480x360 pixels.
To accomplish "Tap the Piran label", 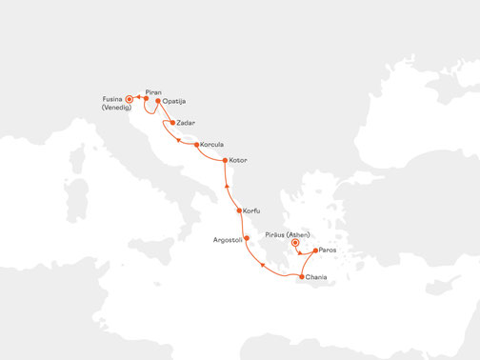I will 152,91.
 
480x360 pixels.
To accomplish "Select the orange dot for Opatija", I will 157,100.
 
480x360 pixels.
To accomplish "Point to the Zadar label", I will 189,123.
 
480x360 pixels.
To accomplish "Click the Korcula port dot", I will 196,146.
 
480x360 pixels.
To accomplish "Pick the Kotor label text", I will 238,160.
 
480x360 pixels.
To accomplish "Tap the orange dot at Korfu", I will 238,210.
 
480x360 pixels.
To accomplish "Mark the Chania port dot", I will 302,277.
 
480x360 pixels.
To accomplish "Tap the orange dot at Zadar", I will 172,123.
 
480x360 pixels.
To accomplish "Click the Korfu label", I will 252,210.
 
